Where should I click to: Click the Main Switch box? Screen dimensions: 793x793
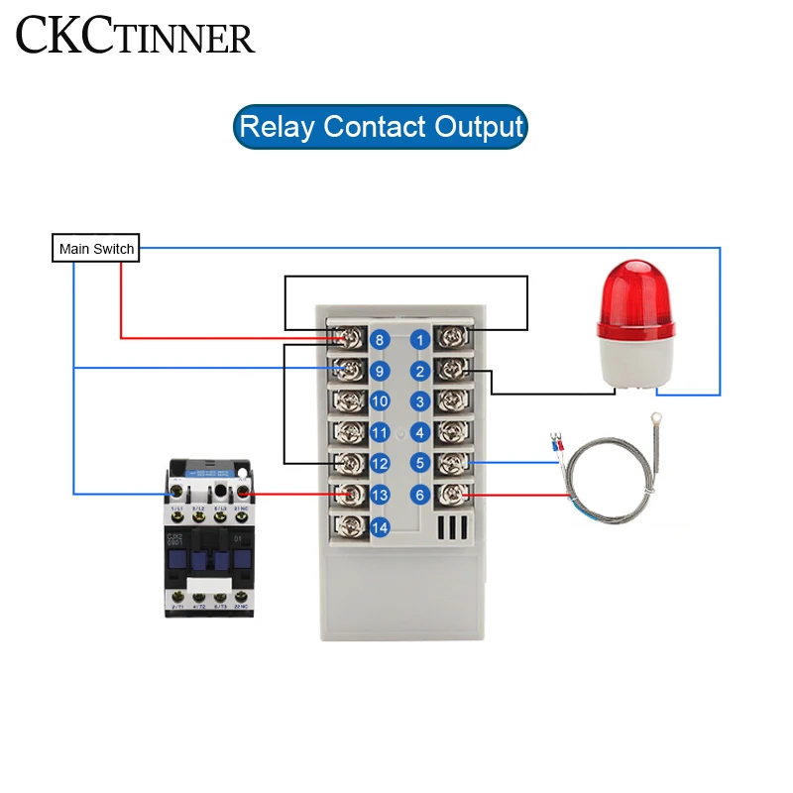tap(96, 248)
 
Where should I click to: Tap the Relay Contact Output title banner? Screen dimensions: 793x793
tap(381, 127)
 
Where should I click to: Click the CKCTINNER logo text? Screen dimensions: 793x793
tap(135, 37)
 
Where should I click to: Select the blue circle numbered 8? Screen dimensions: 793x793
tap(379, 340)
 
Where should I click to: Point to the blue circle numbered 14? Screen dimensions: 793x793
tap(379, 527)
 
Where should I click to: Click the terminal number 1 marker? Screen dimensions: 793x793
tap(419, 340)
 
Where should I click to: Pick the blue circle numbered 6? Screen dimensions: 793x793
tap(419, 495)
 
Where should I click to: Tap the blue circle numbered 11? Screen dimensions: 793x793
tap(379, 433)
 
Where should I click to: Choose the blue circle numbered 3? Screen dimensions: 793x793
tap(419, 401)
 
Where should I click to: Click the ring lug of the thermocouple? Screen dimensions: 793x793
tap(653, 420)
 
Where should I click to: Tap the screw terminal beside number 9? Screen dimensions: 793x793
tap(348, 371)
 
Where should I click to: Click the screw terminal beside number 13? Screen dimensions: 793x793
tap(348, 495)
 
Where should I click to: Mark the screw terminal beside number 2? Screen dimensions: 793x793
tap(451, 371)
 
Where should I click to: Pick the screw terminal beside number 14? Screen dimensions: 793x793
tap(348, 526)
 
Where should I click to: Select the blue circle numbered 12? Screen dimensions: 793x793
tap(379, 464)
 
